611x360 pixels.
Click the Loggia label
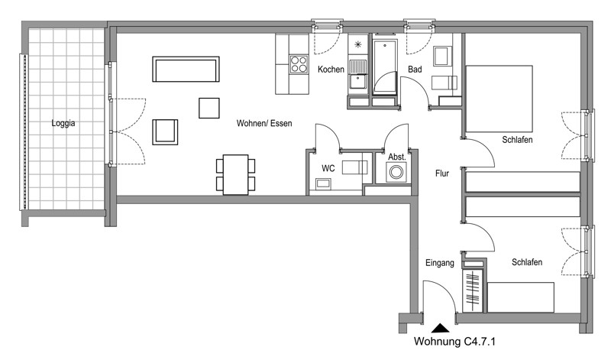tap(63, 123)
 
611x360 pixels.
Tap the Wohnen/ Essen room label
tap(264, 123)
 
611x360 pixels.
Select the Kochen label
tap(331, 70)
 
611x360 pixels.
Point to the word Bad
tap(415, 70)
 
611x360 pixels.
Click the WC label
tap(328, 168)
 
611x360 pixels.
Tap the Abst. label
tap(397, 157)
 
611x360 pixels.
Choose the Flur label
tap(442, 174)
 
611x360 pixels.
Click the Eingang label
tap(440, 263)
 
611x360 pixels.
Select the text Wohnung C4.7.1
tap(454, 342)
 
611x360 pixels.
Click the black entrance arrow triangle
tap(441, 328)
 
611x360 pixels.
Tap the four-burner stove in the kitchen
tap(299, 64)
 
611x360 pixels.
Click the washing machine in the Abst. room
tap(396, 172)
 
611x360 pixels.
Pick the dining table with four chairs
tap(236, 175)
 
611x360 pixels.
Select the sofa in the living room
tap(186, 69)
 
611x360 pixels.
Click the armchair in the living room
tap(165, 132)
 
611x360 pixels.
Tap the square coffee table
tap(209, 108)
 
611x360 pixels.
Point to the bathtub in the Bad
tap(385, 66)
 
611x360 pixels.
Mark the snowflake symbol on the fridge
tap(357, 44)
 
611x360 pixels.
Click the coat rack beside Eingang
tap(472, 288)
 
